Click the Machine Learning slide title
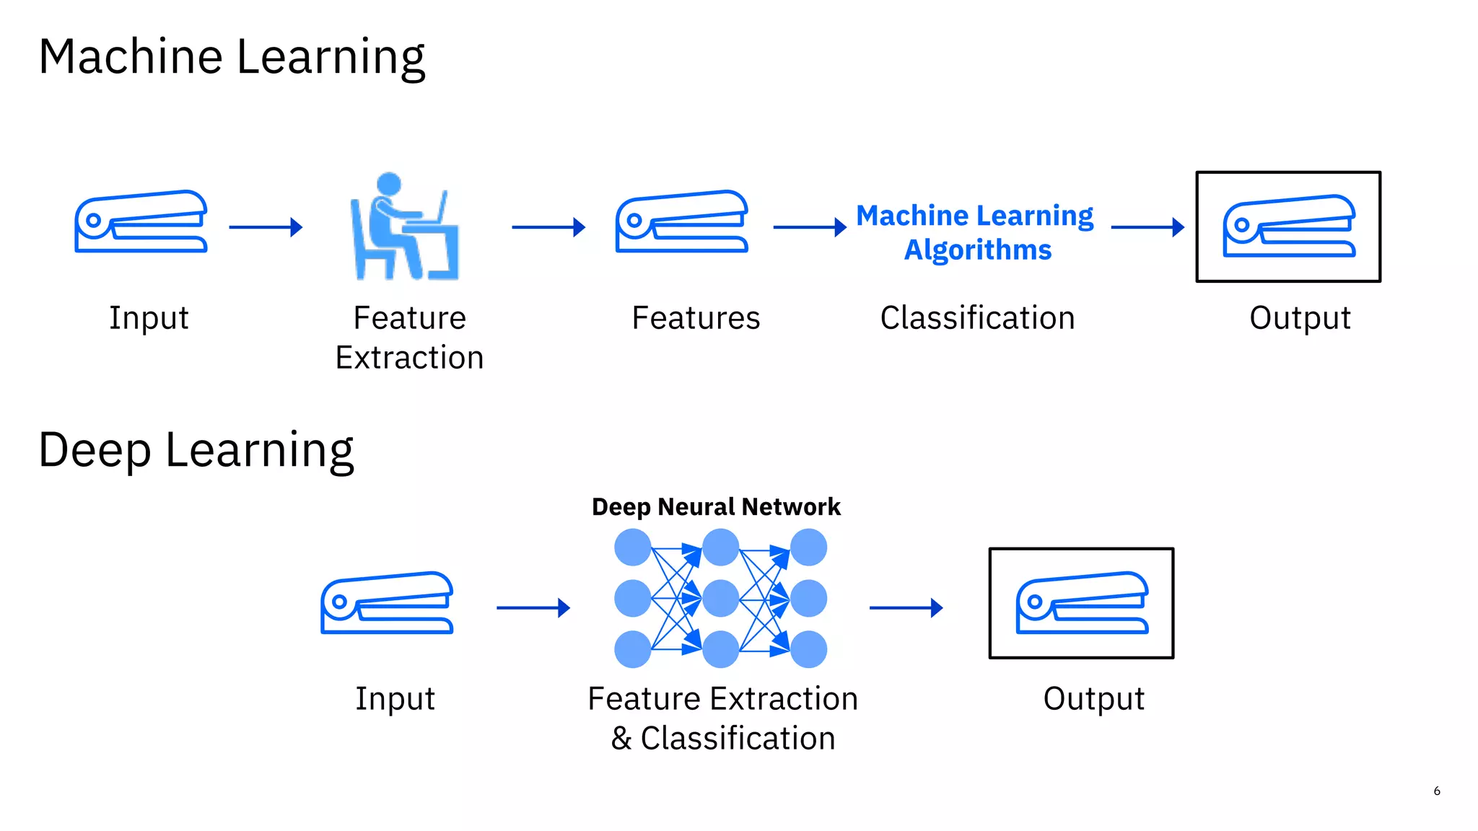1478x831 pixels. coord(232,58)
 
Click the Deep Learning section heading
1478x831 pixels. coord(196,451)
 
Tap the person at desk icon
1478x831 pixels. coord(404,227)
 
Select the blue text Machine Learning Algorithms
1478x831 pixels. coord(976,232)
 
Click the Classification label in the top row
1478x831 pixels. coord(977,318)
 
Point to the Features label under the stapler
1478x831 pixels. coord(696,318)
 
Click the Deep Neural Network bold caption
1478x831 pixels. coord(716,507)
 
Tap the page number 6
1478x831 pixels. coord(1436,791)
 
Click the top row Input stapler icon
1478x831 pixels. coord(141,221)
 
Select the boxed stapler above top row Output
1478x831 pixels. coord(1288,227)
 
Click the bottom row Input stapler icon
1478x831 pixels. coord(387,603)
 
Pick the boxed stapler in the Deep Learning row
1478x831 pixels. coord(1081,603)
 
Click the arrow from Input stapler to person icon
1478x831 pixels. coord(266,227)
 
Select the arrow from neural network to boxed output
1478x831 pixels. coord(906,608)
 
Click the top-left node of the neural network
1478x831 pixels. coord(633,548)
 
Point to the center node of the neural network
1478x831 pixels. coord(720,599)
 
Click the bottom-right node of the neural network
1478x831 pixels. coord(808,649)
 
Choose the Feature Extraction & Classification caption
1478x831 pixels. coord(722,718)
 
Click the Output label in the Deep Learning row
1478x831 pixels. coord(1093,699)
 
